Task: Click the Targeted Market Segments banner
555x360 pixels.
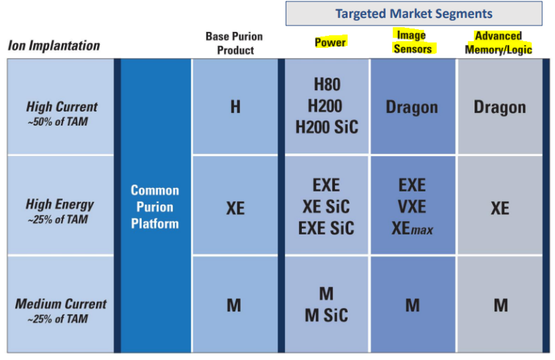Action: tap(413, 13)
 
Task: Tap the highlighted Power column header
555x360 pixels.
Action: tap(330, 42)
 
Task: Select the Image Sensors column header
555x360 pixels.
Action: tap(412, 42)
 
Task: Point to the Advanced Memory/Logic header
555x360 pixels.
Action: tap(498, 42)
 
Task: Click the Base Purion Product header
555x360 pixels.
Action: tap(234, 43)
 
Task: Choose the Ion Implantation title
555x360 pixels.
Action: tap(54, 45)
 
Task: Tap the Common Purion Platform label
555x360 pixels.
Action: tap(155, 207)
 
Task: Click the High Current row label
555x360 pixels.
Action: tap(62, 113)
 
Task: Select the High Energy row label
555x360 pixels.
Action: tap(60, 211)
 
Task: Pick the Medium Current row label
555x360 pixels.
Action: tap(60, 311)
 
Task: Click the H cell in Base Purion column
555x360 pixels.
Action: tap(235, 107)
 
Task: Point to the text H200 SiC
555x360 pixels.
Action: tap(327, 127)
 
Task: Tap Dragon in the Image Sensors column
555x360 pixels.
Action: tap(411, 108)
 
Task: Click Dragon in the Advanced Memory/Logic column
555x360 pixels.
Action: tap(499, 108)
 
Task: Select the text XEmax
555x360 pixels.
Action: tap(412, 228)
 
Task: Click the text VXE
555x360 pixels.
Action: tap(412, 207)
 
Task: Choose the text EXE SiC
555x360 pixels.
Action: tap(326, 228)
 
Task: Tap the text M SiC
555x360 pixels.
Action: tap(326, 315)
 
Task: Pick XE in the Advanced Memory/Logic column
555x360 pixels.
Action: tap(499, 208)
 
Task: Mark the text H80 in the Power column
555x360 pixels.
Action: tap(327, 84)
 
